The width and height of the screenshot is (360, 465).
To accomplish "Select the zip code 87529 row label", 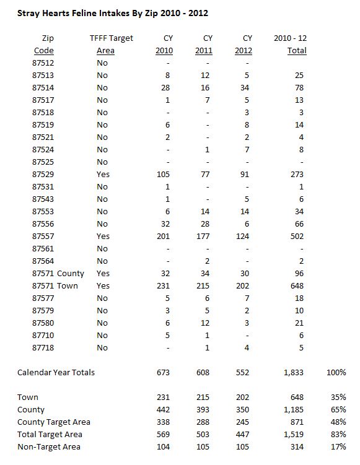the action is (x=43, y=174).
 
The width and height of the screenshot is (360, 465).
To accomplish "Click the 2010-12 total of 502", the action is (x=297, y=236).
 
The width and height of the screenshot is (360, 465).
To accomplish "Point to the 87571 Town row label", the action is (x=61, y=285).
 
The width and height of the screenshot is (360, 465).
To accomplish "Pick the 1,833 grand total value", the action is (x=295, y=373).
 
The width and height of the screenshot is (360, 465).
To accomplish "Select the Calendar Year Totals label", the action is (x=56, y=373).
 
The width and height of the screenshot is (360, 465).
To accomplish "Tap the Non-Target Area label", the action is (x=48, y=446).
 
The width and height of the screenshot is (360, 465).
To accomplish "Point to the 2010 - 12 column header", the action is (x=291, y=38).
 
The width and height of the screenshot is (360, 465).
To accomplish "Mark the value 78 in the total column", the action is (x=299, y=87).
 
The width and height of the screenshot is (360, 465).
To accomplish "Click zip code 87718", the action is (x=43, y=347).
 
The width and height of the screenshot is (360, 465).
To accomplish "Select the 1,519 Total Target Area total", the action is (x=295, y=434).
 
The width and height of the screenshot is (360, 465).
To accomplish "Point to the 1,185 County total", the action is (x=295, y=409).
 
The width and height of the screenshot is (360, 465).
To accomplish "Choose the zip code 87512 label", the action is (x=43, y=63).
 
